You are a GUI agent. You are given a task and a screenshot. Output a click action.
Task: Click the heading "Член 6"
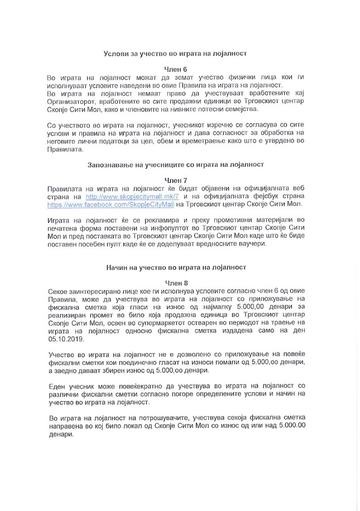[179, 68]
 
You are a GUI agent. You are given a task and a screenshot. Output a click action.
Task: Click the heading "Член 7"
[179, 181]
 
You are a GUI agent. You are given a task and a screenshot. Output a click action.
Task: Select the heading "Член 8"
[179, 283]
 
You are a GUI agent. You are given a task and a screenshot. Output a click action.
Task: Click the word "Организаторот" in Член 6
[73, 103]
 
